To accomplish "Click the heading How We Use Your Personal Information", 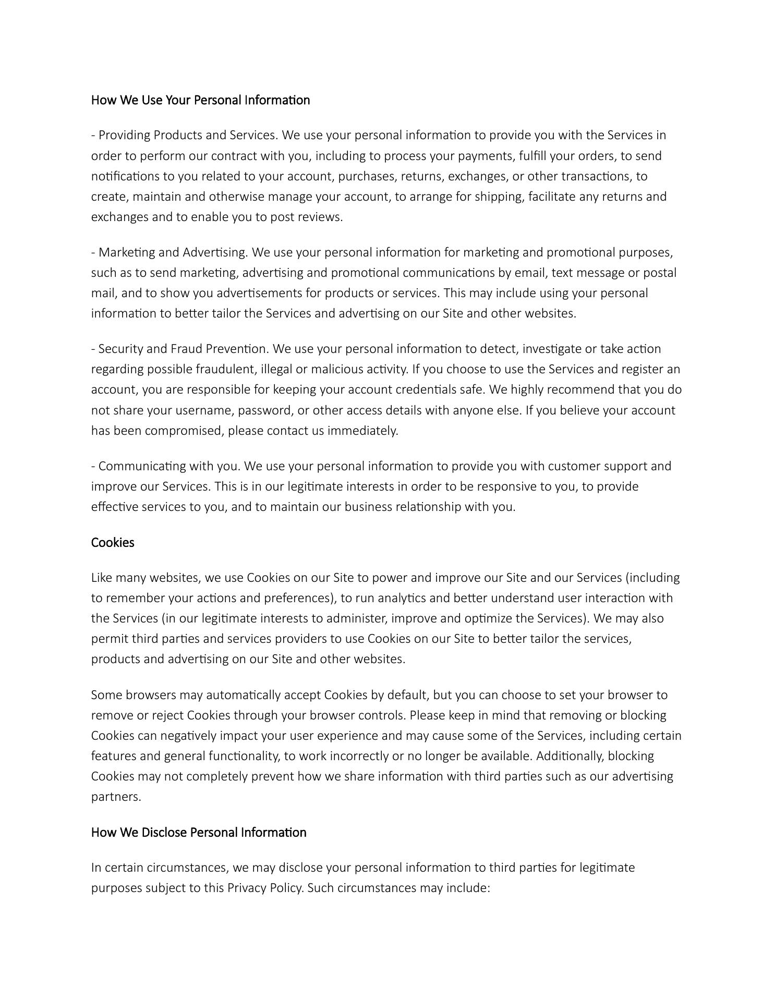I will click(x=200, y=100).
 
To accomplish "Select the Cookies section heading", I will click(x=113, y=543).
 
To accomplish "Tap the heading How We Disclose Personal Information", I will click(x=199, y=832).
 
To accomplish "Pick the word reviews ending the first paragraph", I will click(x=320, y=217).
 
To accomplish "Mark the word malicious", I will click(x=336, y=370).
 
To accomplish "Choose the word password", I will click(x=265, y=411).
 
